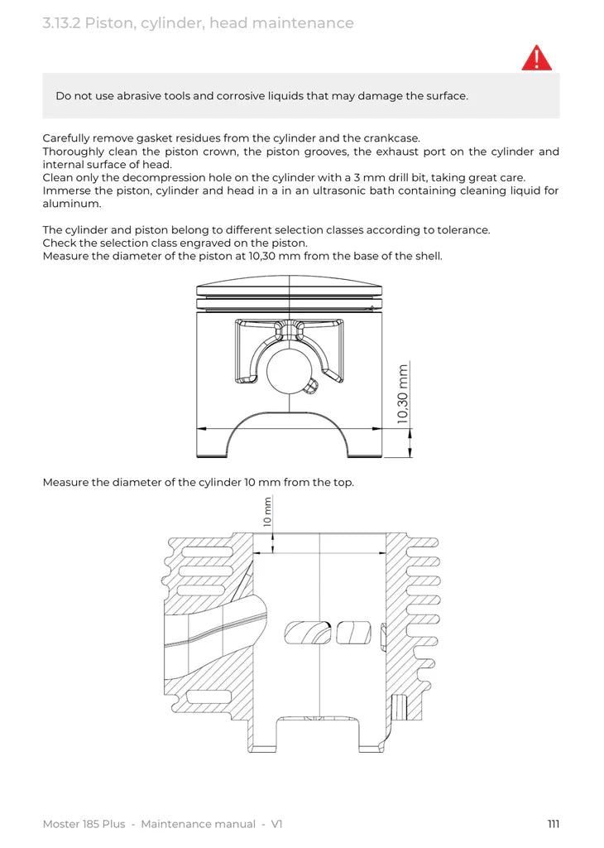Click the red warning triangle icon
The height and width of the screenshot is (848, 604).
point(536,58)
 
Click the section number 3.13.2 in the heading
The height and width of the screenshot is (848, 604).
point(61,23)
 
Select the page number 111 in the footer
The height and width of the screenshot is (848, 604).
point(554,824)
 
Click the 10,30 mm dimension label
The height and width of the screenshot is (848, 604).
point(403,394)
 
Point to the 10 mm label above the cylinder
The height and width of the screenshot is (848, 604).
point(267,512)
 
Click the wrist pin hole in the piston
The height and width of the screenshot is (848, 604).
point(286,369)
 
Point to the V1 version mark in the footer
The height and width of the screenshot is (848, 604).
point(277,824)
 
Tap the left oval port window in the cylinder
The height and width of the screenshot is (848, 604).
point(308,633)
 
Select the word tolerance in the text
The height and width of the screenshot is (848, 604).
point(459,229)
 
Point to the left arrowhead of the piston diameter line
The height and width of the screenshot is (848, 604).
point(200,429)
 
